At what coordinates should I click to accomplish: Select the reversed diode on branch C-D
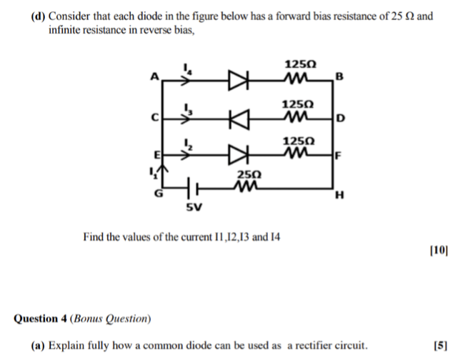click(x=237, y=116)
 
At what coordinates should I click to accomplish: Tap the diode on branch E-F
click(x=237, y=154)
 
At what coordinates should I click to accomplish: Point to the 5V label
click(x=193, y=209)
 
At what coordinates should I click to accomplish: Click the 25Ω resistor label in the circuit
click(x=249, y=175)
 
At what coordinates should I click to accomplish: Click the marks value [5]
click(x=440, y=346)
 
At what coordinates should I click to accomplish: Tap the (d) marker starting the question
click(x=39, y=14)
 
